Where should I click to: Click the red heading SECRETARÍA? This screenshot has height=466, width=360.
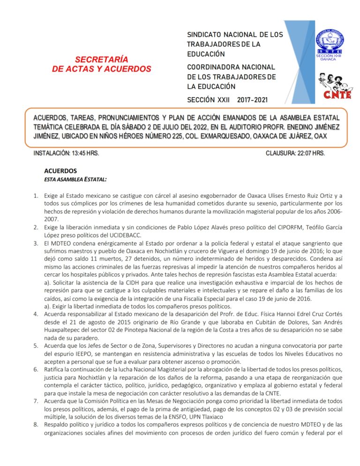click(102, 60)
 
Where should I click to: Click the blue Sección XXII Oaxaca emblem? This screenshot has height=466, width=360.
click(330, 45)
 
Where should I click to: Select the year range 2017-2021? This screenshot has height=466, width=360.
click(253, 100)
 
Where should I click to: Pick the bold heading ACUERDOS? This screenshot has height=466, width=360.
click(60, 171)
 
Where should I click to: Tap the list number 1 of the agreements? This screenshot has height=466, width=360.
click(36, 195)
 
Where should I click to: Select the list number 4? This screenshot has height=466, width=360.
click(36, 314)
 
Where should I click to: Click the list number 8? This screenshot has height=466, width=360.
click(36, 425)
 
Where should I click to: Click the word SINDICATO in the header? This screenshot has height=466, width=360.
click(209, 35)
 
